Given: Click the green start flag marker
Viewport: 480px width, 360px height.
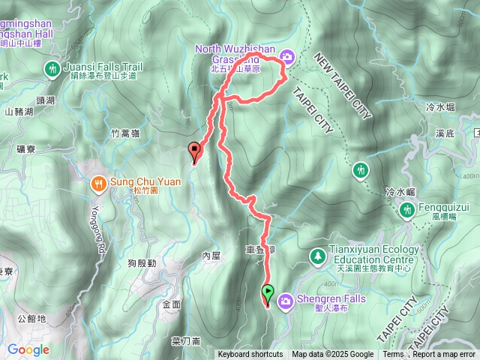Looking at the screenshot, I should (x=268, y=291).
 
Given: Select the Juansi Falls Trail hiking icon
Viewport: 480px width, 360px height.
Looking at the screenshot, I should (x=52, y=68).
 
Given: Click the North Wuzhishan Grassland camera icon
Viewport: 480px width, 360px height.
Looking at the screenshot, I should (x=287, y=56).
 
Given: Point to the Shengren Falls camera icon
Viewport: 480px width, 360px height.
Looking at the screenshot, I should (x=286, y=301).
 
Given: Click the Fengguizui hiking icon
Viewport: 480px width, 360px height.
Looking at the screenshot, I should (x=406, y=209).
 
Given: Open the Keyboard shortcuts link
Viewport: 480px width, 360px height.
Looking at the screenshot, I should (x=250, y=355).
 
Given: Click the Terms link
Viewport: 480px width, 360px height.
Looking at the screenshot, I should (x=393, y=355).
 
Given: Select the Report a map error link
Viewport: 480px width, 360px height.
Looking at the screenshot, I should (x=445, y=355).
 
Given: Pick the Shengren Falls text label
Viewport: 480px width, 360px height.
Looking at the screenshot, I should (x=331, y=298).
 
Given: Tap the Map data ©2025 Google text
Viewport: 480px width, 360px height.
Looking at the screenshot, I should (x=333, y=355).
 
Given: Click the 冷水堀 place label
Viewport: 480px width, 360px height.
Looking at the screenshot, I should (x=440, y=107).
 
